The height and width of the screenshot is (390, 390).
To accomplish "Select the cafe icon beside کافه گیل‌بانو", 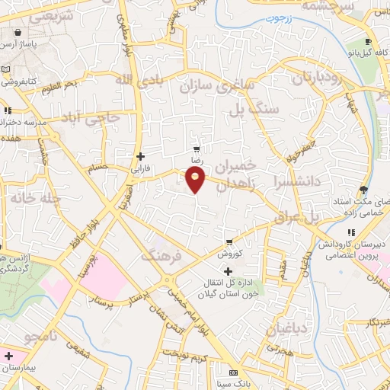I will coord(369,42).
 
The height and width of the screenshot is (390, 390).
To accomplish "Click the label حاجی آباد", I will coord(91,119).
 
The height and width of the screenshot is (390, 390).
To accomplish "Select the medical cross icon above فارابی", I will coord(140,156).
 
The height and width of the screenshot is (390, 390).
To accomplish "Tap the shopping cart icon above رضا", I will coord(197,150).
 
